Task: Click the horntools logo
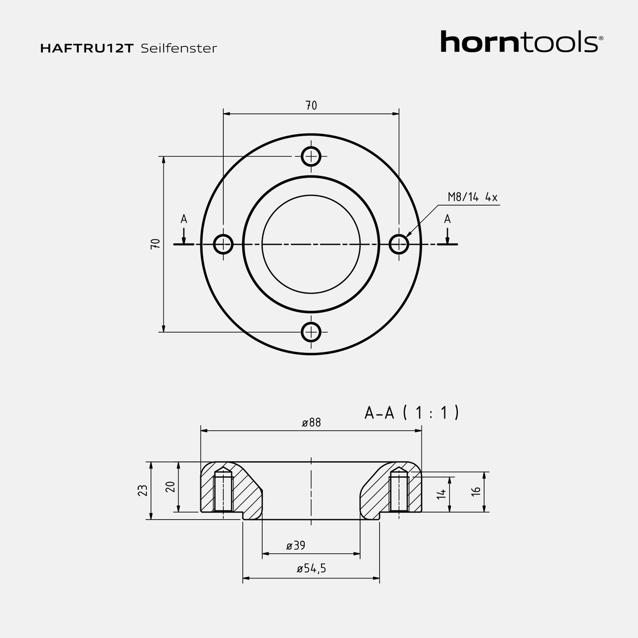pos(522,41)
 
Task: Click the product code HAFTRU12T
pos(87,48)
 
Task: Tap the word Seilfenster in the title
pos(179,48)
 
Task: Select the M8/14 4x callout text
pos(473,197)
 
